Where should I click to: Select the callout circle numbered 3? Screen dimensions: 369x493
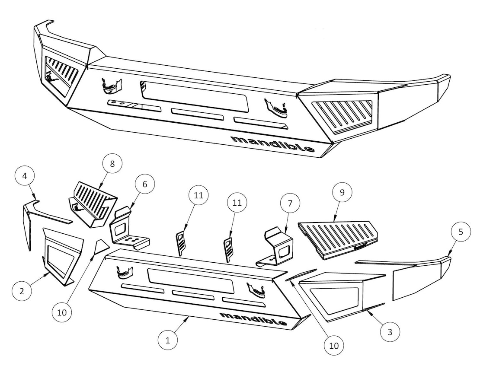pyautogui.click(x=390, y=332)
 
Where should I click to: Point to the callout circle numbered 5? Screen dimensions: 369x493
pyautogui.click(x=461, y=232)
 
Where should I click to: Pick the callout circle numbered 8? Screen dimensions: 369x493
pyautogui.click(x=112, y=164)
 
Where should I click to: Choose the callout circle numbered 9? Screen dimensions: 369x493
pyautogui.click(x=342, y=192)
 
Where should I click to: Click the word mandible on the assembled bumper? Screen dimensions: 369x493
pyautogui.click(x=272, y=143)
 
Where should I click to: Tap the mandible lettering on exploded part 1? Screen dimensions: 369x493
pyautogui.click(x=253, y=318)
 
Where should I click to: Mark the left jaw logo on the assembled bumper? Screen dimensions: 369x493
pyautogui.click(x=111, y=86)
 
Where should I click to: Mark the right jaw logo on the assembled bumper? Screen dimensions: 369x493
pyautogui.click(x=276, y=108)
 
